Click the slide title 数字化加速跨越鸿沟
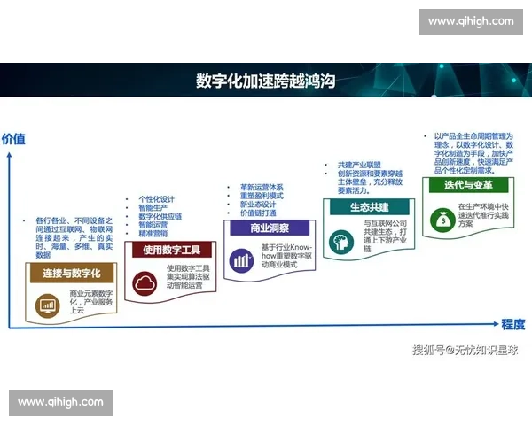[x=266, y=81]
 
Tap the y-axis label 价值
[x=13, y=139]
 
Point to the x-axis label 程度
[x=513, y=324]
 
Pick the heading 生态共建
[x=364, y=206]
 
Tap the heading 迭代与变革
[x=464, y=185]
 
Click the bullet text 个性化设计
[x=160, y=199]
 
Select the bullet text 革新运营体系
[x=262, y=188]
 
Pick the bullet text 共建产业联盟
[x=358, y=165]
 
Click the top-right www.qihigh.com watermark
[x=470, y=21]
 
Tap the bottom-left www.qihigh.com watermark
[x=61, y=402]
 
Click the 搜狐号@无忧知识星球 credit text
[x=465, y=351]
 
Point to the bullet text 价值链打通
[x=257, y=213]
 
